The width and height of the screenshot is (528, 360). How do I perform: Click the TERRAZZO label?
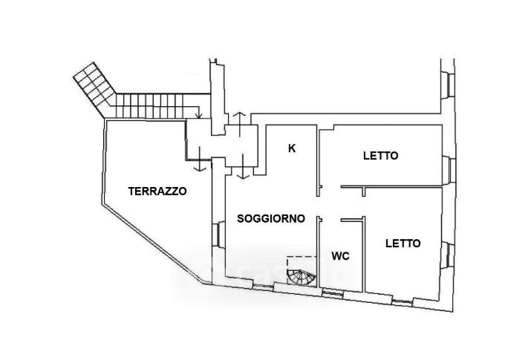click(x=157, y=191)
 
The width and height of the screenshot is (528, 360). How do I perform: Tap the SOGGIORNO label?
click(x=271, y=219)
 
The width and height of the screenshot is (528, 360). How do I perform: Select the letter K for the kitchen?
click(x=292, y=148)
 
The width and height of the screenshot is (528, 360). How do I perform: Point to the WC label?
click(x=340, y=256)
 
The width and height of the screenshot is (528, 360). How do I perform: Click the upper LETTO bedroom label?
click(x=381, y=156)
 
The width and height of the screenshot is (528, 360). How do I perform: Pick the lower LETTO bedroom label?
click(x=402, y=243)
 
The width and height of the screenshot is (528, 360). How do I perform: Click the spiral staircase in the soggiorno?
click(x=301, y=277)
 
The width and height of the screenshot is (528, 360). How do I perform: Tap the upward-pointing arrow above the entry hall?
click(x=239, y=125)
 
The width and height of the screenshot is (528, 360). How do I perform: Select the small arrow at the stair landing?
click(x=198, y=113)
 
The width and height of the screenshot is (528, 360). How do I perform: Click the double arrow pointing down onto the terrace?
click(x=200, y=159)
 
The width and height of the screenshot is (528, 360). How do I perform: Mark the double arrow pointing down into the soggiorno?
click(x=243, y=166)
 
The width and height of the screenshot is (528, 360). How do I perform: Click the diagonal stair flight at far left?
click(x=94, y=89)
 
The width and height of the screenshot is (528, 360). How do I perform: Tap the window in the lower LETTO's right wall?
click(x=449, y=255)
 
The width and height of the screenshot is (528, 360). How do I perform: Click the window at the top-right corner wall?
click(x=449, y=85)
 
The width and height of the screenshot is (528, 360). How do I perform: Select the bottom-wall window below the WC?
click(x=333, y=295)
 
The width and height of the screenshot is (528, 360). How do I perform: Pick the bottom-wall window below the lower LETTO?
click(x=402, y=302)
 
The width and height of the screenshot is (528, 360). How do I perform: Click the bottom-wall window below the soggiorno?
click(x=263, y=287)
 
